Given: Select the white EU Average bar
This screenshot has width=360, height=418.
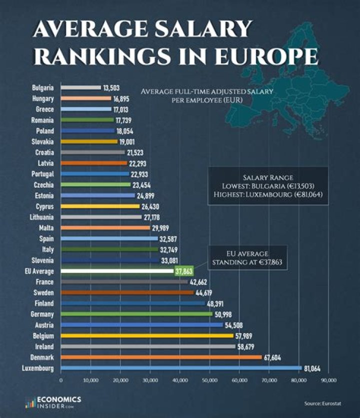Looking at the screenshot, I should coord(117,271).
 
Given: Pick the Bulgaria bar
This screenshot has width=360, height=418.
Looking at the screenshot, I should coord(80,87).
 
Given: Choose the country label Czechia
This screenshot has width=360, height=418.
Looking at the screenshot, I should coord(44,185).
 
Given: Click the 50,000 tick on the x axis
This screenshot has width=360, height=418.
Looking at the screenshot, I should coord(209,380).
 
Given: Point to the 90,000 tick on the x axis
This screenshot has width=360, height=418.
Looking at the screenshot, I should coord(328,380).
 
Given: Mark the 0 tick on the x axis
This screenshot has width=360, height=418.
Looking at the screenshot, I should coord(60,380).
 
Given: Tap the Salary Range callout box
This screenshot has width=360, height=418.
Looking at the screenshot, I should coord(267,186).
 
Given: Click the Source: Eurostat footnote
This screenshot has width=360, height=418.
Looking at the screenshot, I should coord(321,403).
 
